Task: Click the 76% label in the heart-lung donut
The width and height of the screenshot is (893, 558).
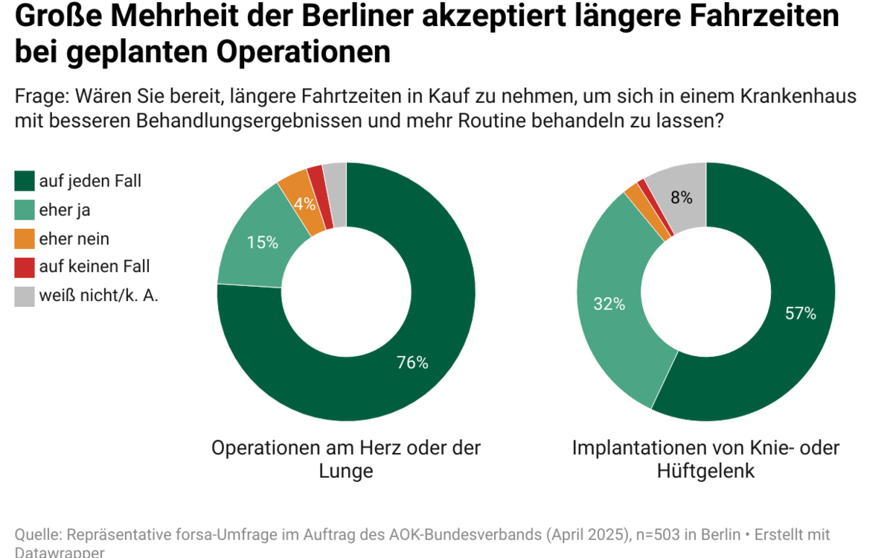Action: pos(412,363)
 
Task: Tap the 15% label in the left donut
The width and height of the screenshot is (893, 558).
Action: pos(263,242)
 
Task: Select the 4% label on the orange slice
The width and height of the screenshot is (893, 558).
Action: pos(304,203)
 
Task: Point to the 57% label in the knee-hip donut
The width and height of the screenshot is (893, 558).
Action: pos(801,314)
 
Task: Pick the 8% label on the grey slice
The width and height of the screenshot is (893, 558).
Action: pos(681,197)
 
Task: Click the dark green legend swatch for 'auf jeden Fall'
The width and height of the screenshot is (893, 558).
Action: pos(25,180)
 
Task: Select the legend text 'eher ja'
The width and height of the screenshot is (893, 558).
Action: pos(65,210)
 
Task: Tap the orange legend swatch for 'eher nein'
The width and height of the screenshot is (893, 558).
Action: pos(25,238)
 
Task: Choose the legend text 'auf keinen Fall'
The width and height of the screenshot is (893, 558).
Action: pos(95,267)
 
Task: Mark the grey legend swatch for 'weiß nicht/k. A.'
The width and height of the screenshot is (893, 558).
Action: pos(25,296)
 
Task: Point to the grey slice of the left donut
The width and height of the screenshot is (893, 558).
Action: pos(336,192)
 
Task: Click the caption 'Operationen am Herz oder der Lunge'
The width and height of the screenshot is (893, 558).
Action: pos(346,459)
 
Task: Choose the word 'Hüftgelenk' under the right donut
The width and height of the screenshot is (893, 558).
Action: pos(705,471)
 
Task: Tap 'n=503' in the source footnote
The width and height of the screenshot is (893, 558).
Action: pos(657,535)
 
